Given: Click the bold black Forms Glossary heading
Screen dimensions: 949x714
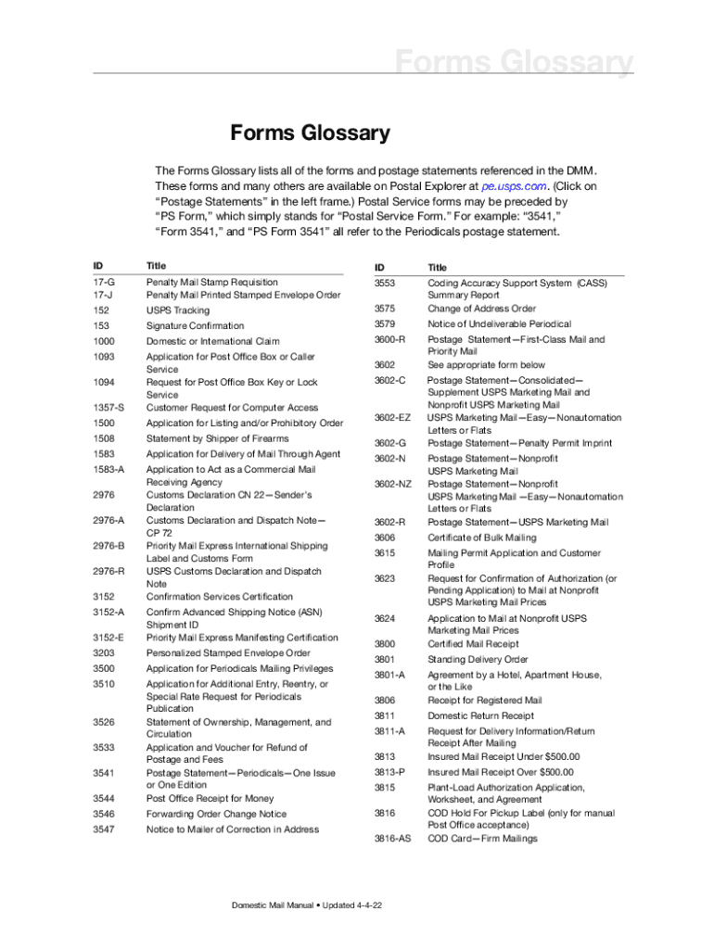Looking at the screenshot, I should point(310,133).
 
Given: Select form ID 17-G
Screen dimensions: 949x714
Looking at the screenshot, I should point(104,282).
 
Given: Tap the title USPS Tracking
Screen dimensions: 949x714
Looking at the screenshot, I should point(178,310).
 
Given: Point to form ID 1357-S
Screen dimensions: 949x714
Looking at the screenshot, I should point(108,408).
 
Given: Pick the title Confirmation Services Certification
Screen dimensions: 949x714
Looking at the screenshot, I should point(219,597).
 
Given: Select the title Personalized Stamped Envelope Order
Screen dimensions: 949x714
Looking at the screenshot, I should point(228,652).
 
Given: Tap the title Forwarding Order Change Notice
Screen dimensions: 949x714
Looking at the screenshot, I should point(216,814).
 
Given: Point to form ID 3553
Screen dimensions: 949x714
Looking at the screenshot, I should point(385,283).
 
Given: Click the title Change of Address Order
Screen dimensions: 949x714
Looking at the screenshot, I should point(481,309).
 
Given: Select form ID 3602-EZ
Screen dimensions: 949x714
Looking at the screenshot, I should point(392,418).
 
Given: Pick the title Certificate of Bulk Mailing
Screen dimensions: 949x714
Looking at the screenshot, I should point(481,538).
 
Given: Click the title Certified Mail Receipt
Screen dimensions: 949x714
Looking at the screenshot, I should point(473,643).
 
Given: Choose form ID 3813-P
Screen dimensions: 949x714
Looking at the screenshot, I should point(389,772).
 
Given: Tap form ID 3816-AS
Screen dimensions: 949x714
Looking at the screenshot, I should point(392,839).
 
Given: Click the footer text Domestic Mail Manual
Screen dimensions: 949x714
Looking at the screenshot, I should point(274,905).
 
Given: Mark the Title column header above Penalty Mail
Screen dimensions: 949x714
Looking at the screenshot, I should point(156,265).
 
